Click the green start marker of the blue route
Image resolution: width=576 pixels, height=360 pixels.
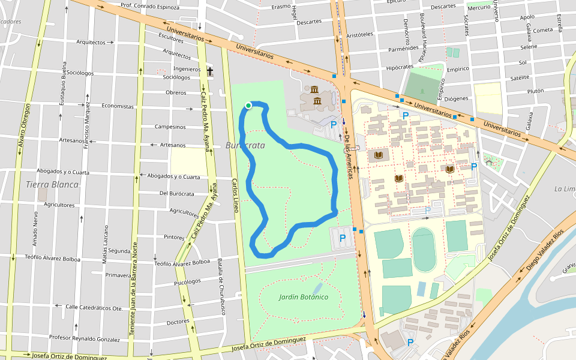(248, 106)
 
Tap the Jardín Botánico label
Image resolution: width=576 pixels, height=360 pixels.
(304, 297)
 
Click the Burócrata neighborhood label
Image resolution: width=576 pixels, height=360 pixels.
(245, 145)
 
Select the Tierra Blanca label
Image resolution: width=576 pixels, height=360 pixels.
(52, 184)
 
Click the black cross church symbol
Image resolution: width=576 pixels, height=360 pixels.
(210, 71)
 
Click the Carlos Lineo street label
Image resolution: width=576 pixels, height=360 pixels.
(236, 195)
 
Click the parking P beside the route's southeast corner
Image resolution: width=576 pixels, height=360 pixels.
(343, 238)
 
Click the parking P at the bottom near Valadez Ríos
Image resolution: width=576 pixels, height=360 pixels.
(410, 343)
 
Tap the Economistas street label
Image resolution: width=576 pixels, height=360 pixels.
(118, 106)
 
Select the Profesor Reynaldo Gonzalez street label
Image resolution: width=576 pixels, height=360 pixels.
(85, 339)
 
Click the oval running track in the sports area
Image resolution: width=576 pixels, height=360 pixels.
(424, 250)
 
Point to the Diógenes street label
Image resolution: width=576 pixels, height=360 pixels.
(456, 98)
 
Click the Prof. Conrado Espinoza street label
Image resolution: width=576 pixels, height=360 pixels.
(150, 7)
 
